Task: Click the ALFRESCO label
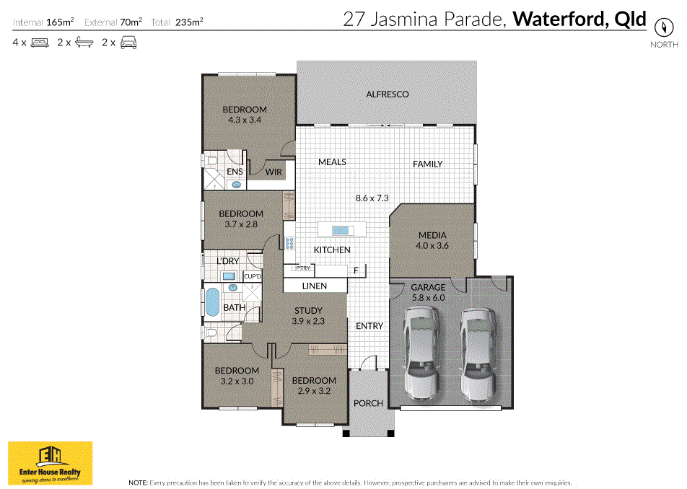point(388,94)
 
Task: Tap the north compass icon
point(664,27)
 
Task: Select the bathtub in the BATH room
point(212,302)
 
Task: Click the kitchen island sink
point(341,230)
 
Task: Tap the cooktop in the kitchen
point(289,243)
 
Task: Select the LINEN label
point(315,286)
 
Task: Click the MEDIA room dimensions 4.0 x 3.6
point(432,246)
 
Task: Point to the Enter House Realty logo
point(51,463)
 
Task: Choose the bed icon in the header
point(40,43)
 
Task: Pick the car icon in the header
point(128,43)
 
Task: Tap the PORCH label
point(368,403)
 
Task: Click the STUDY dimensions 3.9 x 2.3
point(308,321)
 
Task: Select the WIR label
point(274,172)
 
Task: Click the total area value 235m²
point(189,22)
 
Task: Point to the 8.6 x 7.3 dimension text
point(372,198)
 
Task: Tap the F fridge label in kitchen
point(356,271)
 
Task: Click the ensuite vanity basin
point(236,185)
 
